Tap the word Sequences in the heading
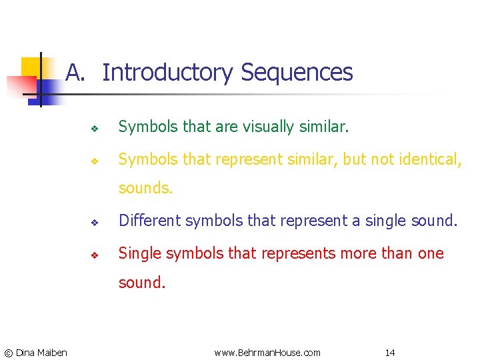[297, 72]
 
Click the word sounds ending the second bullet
[145, 188]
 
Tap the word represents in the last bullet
[291, 253]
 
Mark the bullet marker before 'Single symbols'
[95, 255]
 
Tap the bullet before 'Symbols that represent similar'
[95, 161]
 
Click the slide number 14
[390, 352]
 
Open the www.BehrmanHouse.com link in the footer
[267, 352]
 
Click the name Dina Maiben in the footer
[41, 352]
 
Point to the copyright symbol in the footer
[8, 352]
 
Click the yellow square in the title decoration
[31, 67]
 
